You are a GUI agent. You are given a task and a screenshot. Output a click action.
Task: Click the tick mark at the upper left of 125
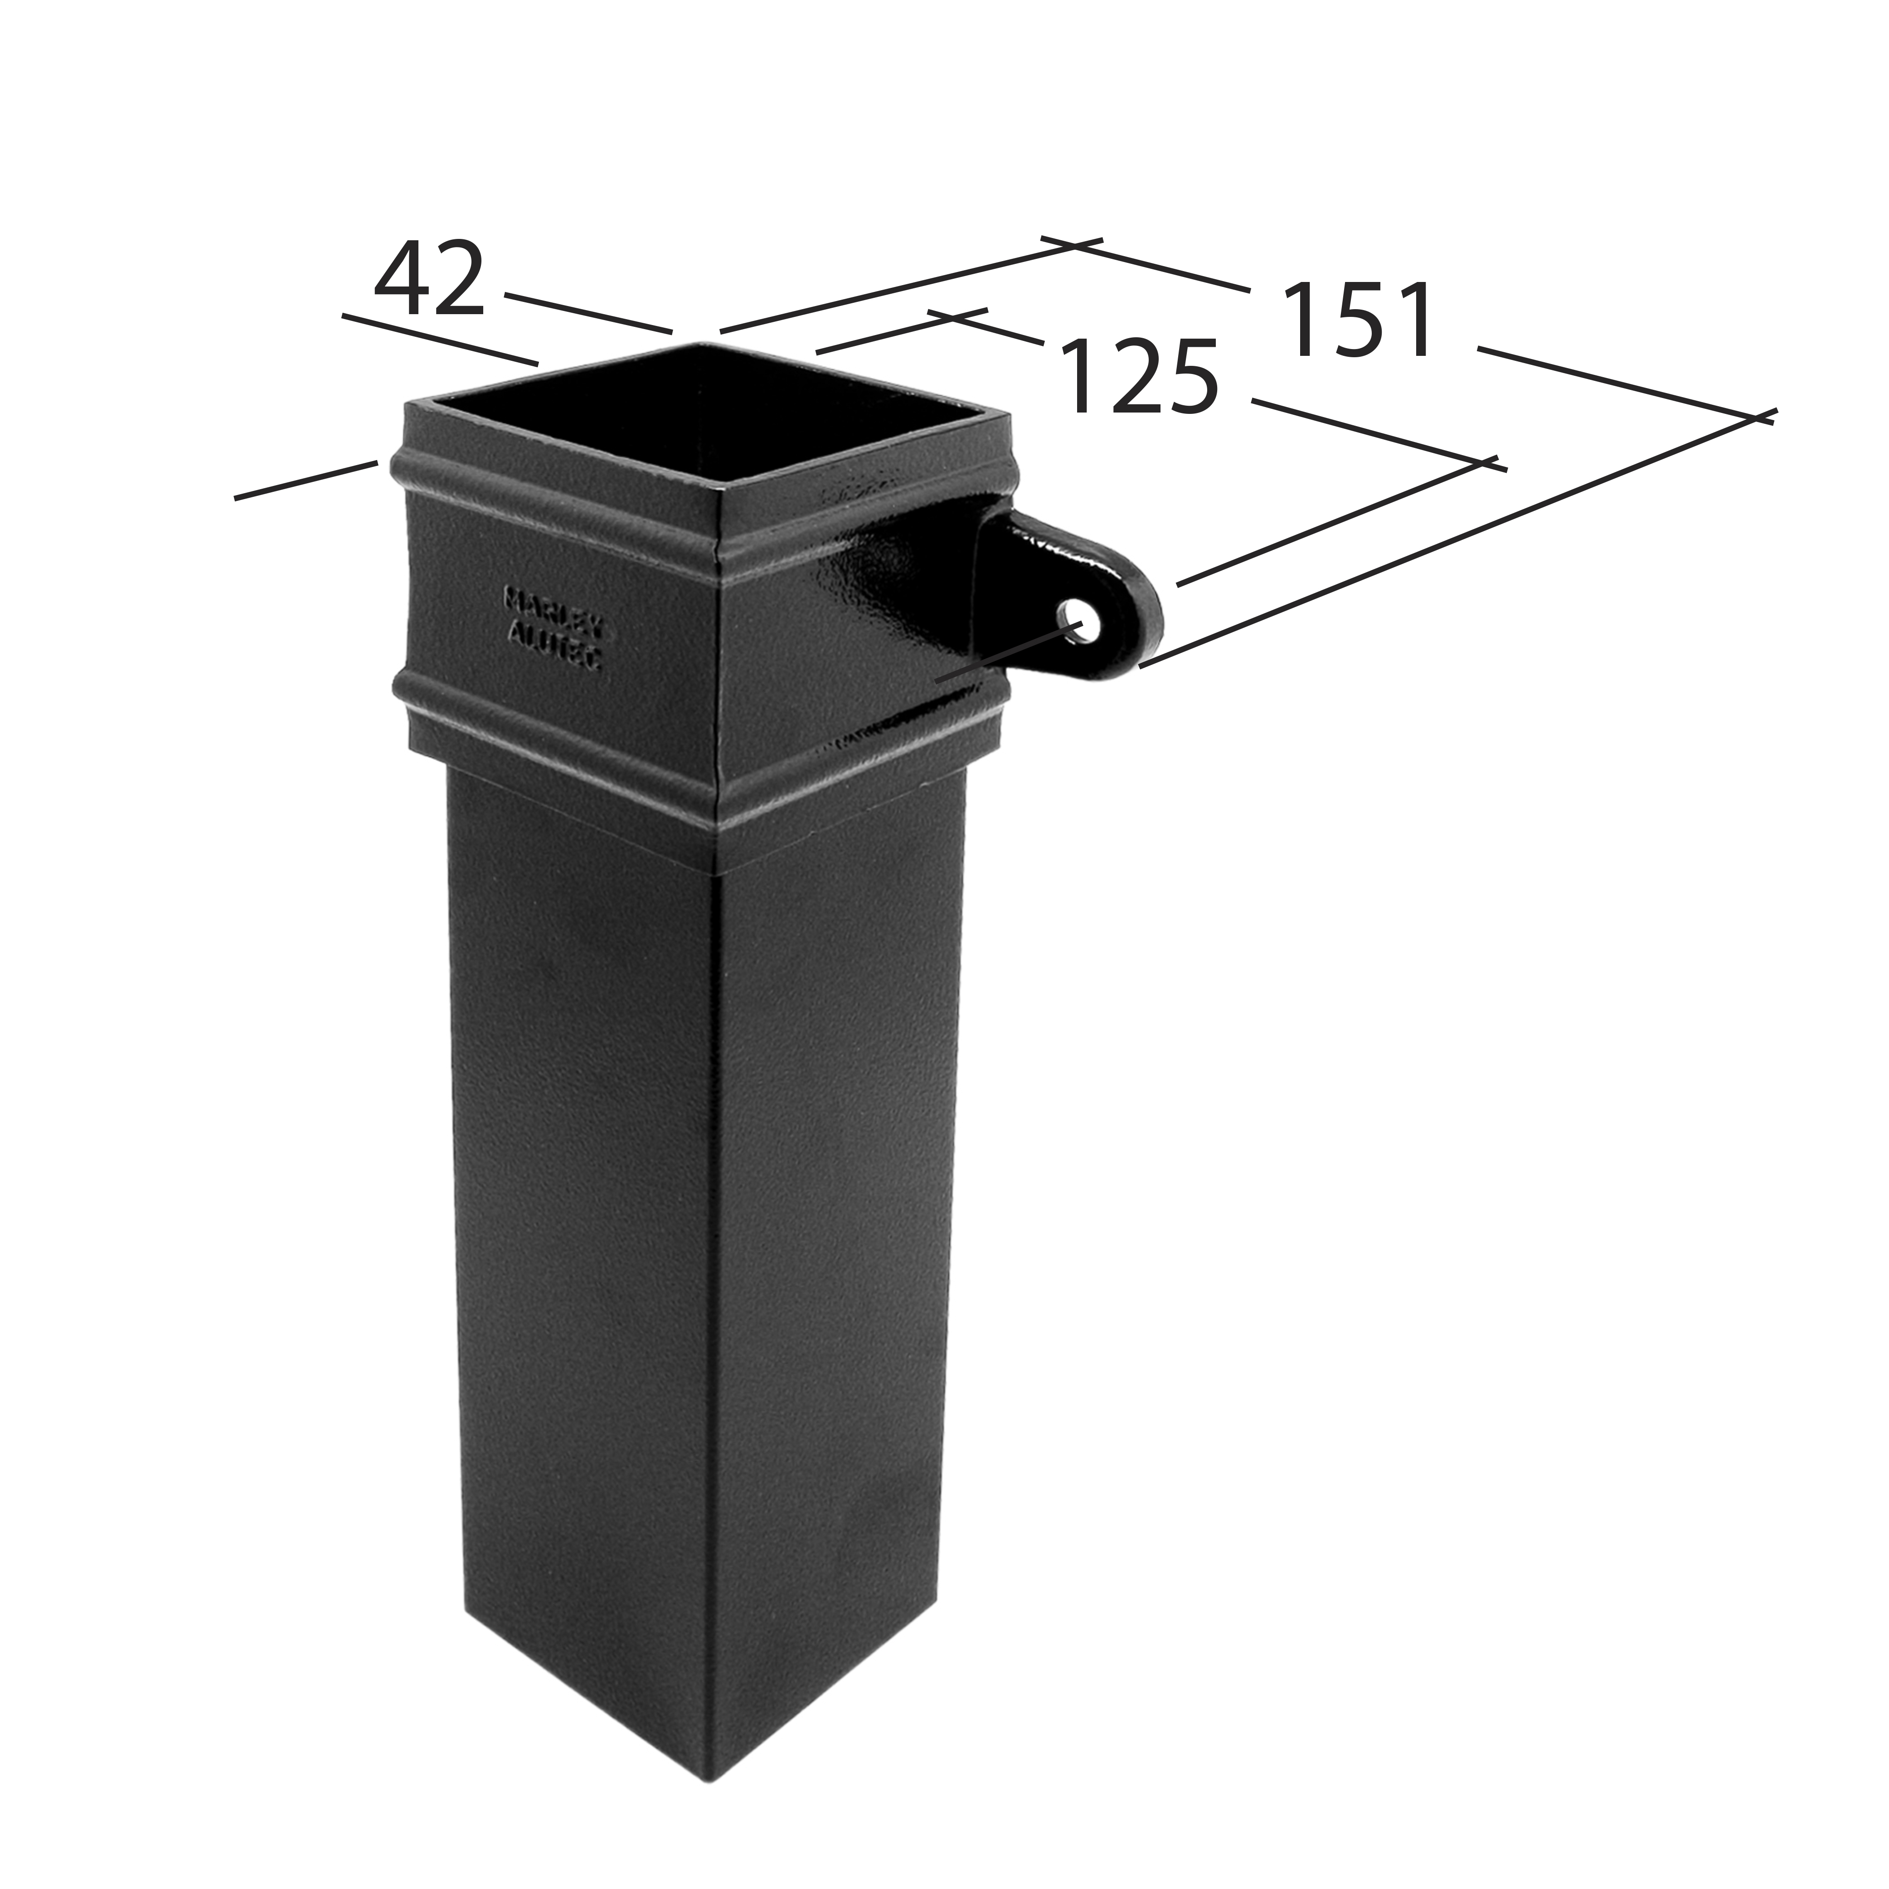click(x=958, y=315)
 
